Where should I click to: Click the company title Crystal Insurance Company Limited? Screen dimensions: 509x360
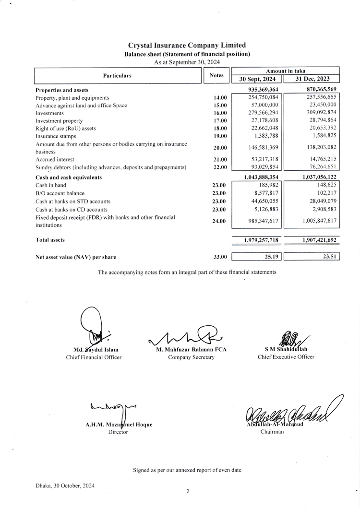click(x=187, y=46)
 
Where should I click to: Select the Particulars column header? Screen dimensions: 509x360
click(x=117, y=76)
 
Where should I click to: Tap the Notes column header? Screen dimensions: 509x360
click(x=216, y=76)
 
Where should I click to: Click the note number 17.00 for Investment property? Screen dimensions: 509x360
click(x=220, y=121)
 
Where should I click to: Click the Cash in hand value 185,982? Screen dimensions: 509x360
click(x=269, y=185)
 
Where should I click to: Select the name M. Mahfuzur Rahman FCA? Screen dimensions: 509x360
click(x=191, y=350)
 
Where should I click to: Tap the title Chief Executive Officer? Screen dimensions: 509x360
click(x=286, y=357)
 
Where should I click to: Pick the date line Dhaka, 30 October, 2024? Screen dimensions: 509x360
click(x=65, y=485)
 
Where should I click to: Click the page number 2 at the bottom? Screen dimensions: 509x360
click(x=188, y=491)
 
